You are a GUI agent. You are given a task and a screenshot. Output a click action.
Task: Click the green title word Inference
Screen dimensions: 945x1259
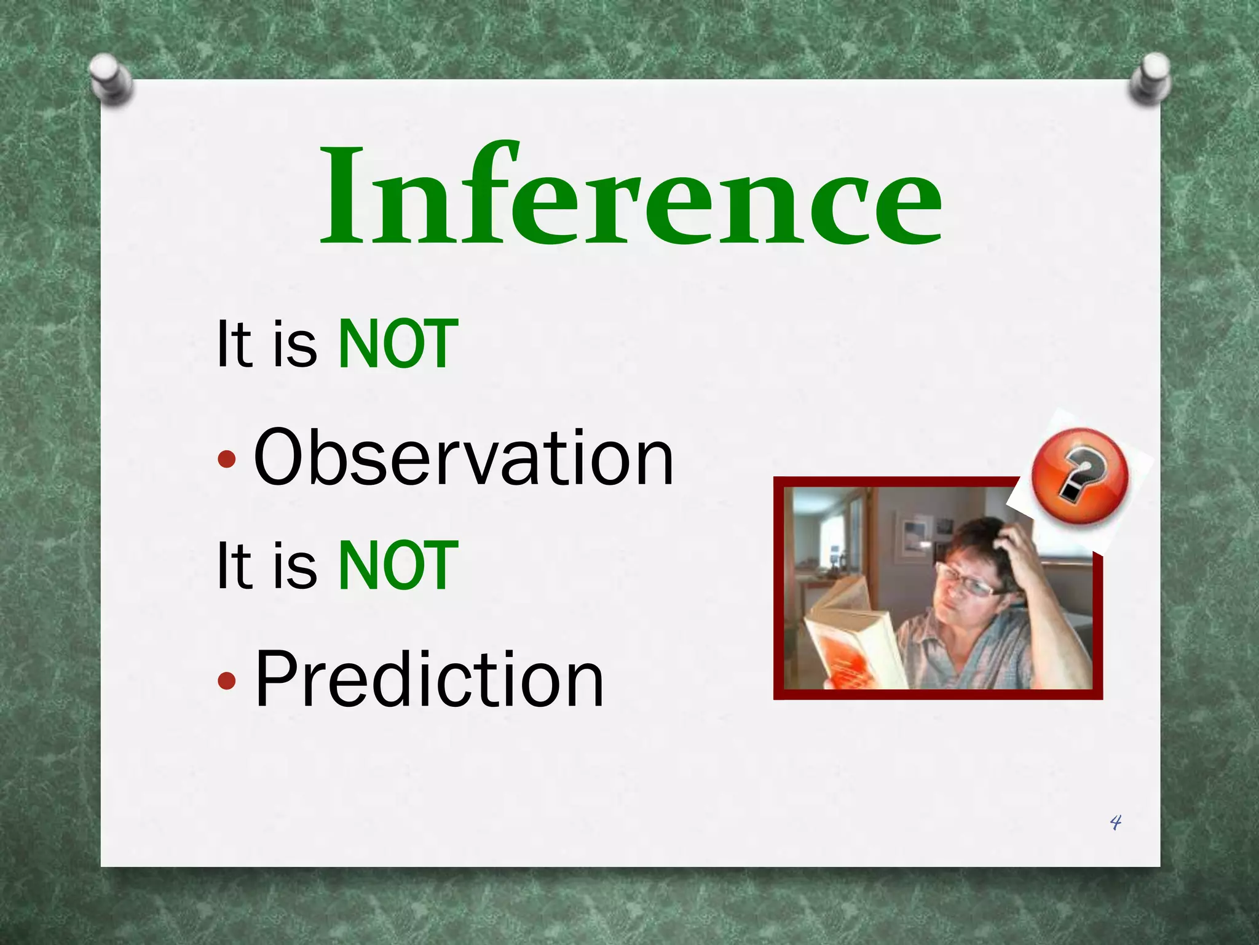pos(631,196)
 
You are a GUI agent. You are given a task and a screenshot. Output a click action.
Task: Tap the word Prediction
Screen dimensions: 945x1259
pos(429,680)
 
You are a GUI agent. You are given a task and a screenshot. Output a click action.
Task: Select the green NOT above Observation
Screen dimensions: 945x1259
pos(398,345)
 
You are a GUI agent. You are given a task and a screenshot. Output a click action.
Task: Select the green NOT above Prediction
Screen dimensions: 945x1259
pos(398,566)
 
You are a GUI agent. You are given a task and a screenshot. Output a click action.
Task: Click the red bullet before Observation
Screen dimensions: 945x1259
pos(227,459)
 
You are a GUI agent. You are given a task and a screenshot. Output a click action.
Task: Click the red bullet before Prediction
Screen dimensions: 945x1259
pos(227,680)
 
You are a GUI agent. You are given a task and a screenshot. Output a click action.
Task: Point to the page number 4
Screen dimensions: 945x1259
pos(1115,822)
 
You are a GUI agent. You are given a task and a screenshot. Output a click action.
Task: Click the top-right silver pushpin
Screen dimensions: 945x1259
pos(1150,78)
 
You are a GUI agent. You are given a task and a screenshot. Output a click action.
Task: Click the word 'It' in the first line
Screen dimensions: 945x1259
pos(234,345)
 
